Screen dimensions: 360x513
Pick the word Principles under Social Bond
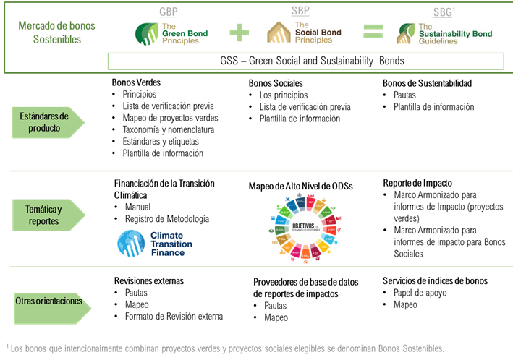[314, 40]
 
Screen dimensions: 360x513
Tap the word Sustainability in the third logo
[445, 34]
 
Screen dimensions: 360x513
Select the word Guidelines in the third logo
[438, 42]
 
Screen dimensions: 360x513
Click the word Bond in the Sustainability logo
[482, 34]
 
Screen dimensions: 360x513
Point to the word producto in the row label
[44, 128]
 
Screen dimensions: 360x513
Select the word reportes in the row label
[44, 220]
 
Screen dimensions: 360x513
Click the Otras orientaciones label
[48, 300]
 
